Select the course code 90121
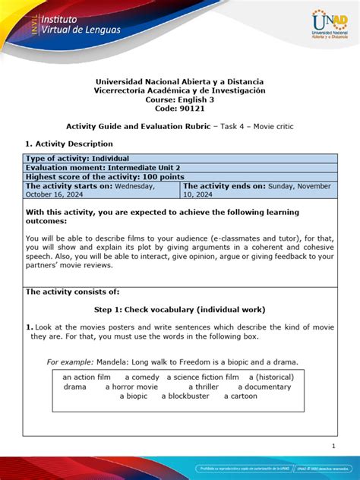point(179,109)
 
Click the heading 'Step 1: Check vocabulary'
point(179,310)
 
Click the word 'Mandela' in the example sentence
point(112,362)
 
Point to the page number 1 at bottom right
point(333,445)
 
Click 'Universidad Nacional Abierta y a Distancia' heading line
point(179,81)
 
